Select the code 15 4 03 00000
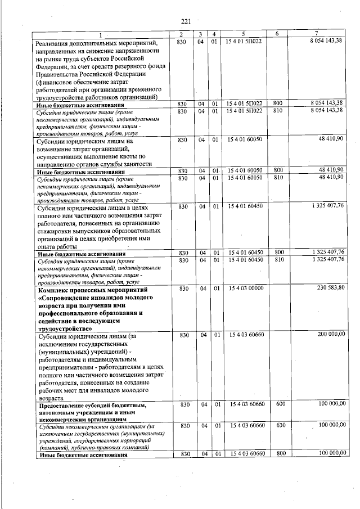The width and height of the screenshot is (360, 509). (245, 288)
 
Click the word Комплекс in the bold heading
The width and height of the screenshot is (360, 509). (53, 289)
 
